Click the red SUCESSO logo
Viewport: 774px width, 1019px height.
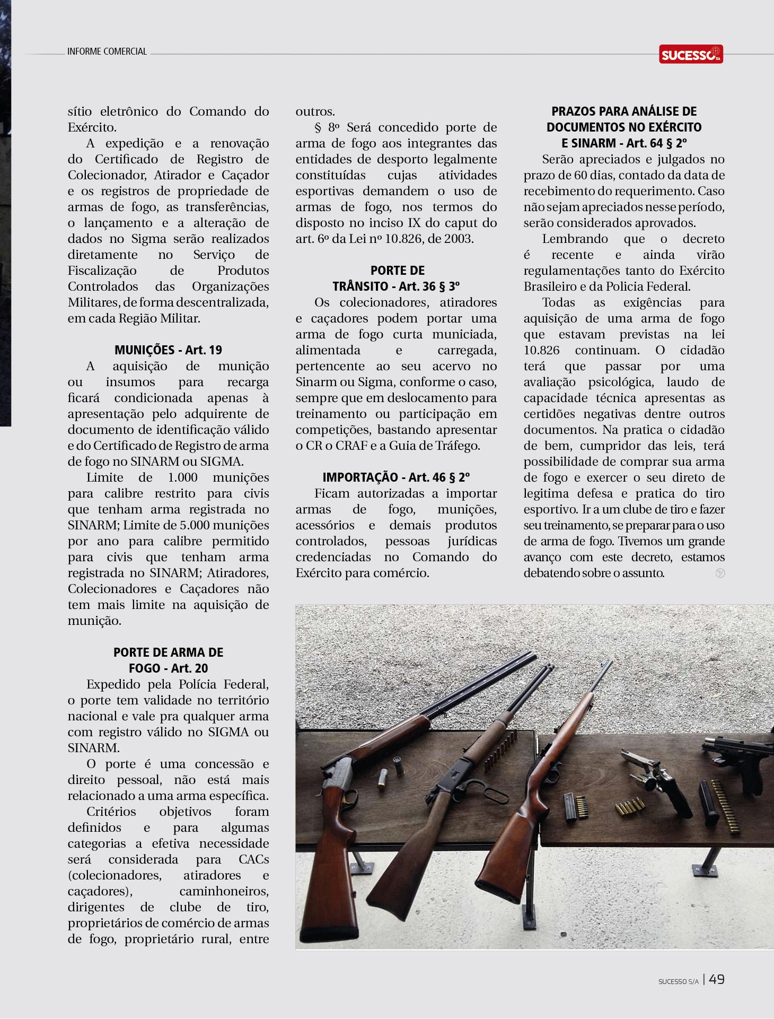coord(691,54)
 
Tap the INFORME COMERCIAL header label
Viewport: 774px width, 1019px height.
coord(107,51)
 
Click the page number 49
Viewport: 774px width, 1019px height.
coord(716,979)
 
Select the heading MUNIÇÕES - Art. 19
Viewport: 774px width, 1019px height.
coord(168,350)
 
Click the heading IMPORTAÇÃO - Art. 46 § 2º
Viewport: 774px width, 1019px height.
coord(396,477)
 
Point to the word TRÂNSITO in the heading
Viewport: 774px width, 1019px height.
coord(360,286)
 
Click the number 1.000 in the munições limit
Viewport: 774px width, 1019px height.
coord(182,477)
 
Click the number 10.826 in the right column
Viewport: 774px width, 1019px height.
coord(541,350)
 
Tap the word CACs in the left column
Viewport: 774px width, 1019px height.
coord(253,859)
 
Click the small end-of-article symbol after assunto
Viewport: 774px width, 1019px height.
coord(720,573)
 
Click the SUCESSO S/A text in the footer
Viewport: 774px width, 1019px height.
coord(678,982)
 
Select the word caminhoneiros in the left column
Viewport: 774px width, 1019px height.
coord(224,891)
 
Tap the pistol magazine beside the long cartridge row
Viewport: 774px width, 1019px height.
coord(709,801)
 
